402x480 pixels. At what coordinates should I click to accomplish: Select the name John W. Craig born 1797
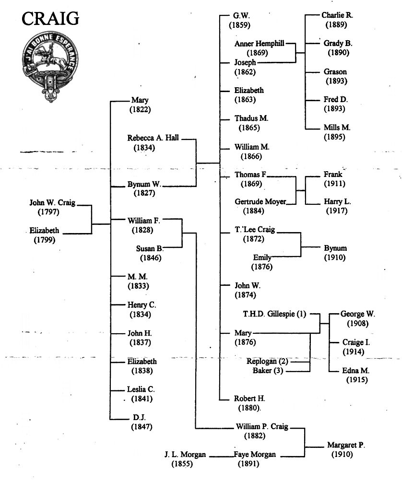tap(52, 203)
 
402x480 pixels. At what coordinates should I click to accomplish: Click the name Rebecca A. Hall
tap(153, 138)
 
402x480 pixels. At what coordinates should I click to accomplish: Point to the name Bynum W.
tap(144, 184)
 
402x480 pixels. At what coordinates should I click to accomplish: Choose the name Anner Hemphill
tap(259, 44)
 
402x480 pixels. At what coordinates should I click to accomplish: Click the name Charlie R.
tap(337, 15)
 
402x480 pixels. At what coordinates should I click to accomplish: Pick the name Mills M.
tap(337, 128)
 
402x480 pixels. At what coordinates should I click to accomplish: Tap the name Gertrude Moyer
tap(260, 202)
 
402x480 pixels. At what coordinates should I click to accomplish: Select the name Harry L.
tap(337, 202)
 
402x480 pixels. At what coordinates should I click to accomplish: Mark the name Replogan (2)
tap(267, 361)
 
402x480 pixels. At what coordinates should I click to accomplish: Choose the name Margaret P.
tap(346, 445)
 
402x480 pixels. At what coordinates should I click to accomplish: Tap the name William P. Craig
tap(262, 426)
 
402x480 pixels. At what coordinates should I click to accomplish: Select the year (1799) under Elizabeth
tap(45, 240)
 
